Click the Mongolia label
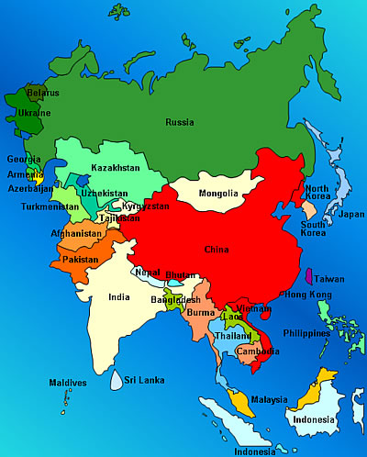(218, 194)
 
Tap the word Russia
(179, 122)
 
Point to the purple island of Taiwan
(306, 277)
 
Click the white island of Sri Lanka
(115, 378)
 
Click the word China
(217, 249)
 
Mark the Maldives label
(69, 382)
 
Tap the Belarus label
(42, 93)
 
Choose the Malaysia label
(269, 400)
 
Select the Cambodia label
(258, 351)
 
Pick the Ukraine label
(35, 113)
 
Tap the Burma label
(200, 313)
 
